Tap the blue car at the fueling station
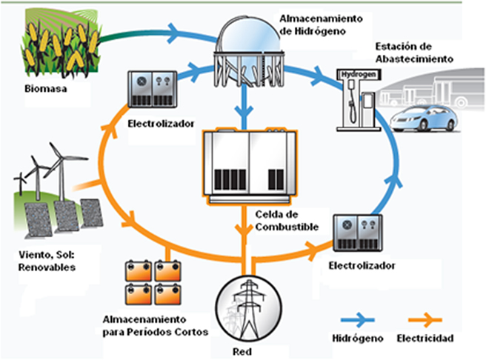click(423, 118)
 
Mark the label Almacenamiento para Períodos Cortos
click(154, 325)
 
